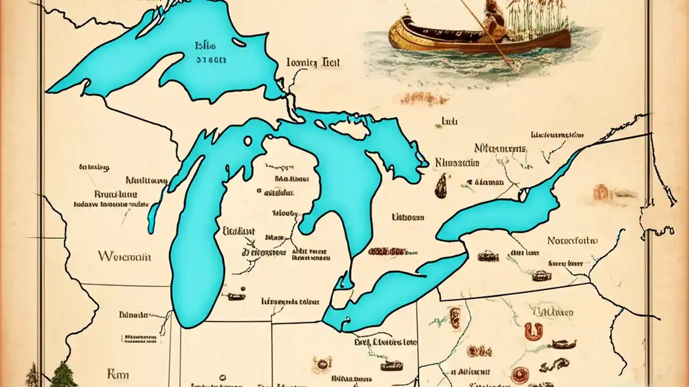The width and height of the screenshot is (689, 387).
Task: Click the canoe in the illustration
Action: (474, 38)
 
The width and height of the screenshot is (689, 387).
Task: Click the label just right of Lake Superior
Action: (313, 63)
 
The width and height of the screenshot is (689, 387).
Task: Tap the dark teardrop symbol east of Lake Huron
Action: (440, 186)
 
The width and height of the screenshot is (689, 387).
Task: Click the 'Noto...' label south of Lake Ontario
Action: (572, 240)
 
